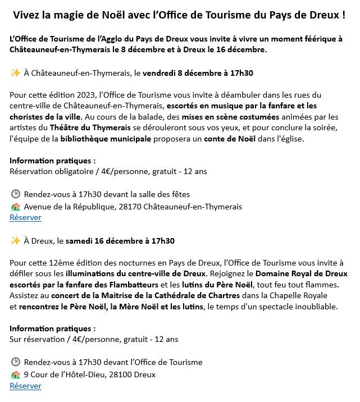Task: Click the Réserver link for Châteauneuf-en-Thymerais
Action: [x=25, y=218]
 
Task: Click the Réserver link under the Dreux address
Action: [x=25, y=386]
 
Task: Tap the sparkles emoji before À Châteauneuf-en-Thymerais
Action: [x=15, y=73]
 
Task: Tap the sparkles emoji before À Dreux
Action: [x=15, y=241]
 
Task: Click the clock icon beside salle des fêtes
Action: [x=15, y=195]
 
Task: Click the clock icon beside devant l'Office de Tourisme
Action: [x=15, y=363]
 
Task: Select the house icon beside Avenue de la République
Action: [x=15, y=207]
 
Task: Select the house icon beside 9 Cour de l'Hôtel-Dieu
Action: [x=15, y=374]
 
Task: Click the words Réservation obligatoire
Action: [x=45, y=171]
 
